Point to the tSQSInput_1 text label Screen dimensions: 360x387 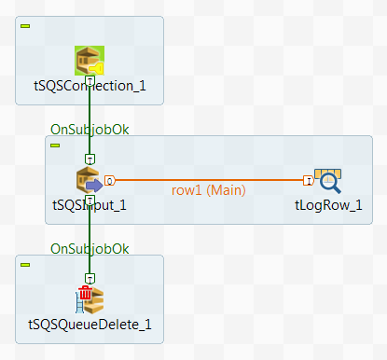click(x=90, y=205)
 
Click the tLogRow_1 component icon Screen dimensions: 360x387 click(x=327, y=180)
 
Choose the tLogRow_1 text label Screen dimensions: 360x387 click(x=327, y=205)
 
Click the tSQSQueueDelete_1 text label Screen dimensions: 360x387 click(x=90, y=325)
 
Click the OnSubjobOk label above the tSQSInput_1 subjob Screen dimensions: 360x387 click(x=90, y=129)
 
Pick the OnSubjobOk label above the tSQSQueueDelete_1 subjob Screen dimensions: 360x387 click(x=90, y=248)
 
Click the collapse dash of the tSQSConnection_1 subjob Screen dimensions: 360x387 click(x=25, y=25)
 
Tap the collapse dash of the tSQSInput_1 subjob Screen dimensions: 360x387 click(x=55, y=145)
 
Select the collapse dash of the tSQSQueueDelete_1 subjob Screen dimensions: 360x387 click(x=25, y=264)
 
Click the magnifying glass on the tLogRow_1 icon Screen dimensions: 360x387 click(x=332, y=185)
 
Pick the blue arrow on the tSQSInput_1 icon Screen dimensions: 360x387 click(x=94, y=185)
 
